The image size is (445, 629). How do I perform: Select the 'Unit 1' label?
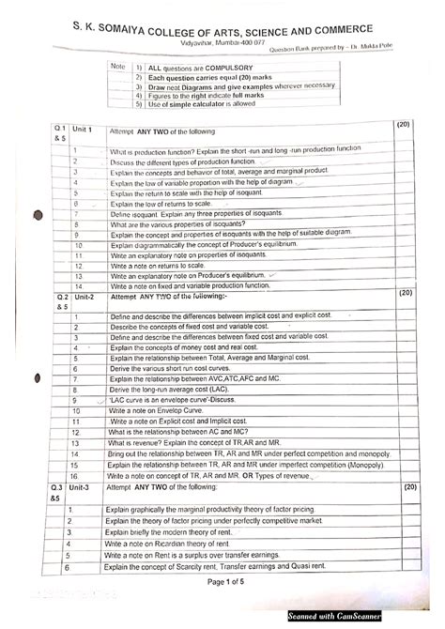[84, 129]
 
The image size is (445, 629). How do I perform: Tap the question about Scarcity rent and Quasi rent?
[217, 567]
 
